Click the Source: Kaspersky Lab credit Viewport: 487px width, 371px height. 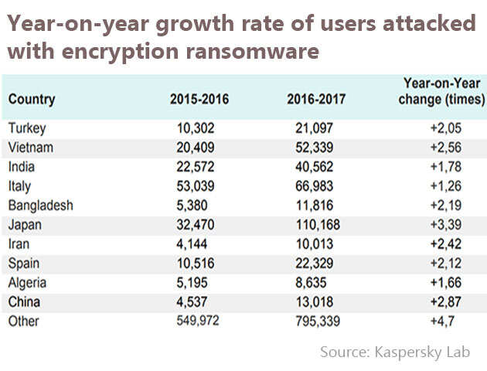(x=395, y=352)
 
